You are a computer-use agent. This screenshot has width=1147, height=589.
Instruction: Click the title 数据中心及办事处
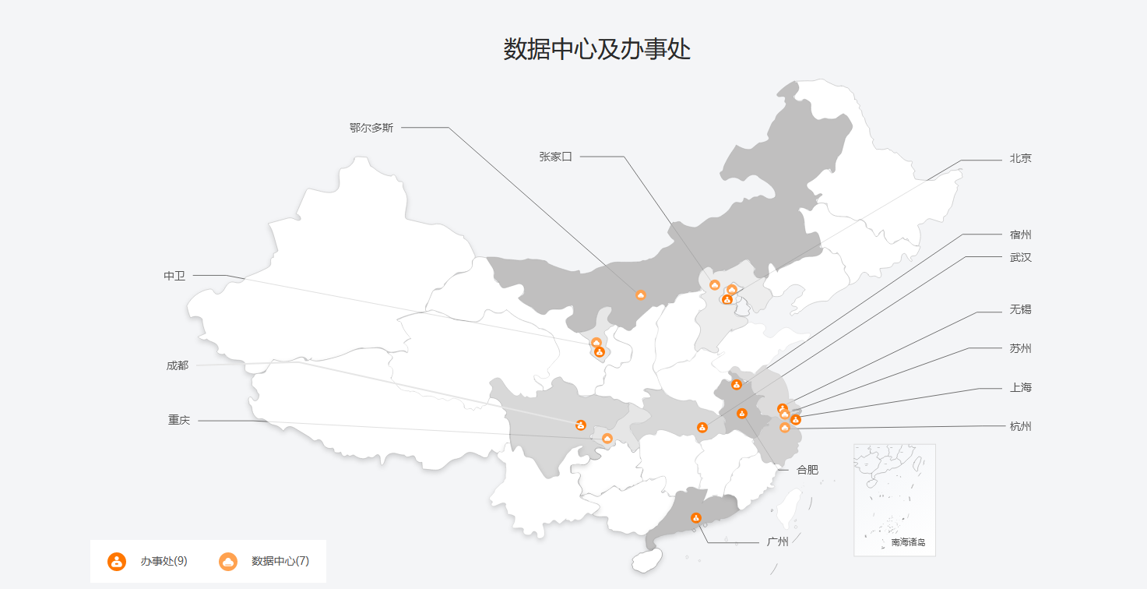click(596, 49)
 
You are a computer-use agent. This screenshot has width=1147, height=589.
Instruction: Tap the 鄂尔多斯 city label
click(371, 128)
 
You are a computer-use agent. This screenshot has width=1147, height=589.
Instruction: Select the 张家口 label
click(555, 157)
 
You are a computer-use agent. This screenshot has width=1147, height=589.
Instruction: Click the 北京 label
click(1020, 158)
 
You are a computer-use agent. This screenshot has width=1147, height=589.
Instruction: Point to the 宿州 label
click(1020, 235)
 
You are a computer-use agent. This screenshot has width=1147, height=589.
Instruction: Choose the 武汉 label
click(1020, 257)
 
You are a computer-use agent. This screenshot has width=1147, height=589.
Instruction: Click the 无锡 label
click(1020, 309)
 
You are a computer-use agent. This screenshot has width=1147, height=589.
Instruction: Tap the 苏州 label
click(1020, 348)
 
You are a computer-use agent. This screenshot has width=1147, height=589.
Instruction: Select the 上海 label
click(1020, 387)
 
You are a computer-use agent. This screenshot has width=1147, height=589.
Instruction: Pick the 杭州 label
click(1020, 426)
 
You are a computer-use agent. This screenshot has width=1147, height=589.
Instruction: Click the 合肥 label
click(807, 470)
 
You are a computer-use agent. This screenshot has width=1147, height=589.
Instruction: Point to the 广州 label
click(777, 541)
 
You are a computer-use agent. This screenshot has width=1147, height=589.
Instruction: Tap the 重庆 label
click(179, 420)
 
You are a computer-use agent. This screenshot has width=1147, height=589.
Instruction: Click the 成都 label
click(177, 365)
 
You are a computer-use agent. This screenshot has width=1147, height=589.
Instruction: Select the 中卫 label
click(174, 276)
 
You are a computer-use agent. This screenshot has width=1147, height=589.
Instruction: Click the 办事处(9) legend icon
click(117, 561)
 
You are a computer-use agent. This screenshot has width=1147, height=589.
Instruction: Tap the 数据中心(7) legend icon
click(228, 561)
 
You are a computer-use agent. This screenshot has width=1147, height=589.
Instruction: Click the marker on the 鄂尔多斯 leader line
click(641, 295)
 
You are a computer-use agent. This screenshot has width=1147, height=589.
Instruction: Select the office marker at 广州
click(696, 518)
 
